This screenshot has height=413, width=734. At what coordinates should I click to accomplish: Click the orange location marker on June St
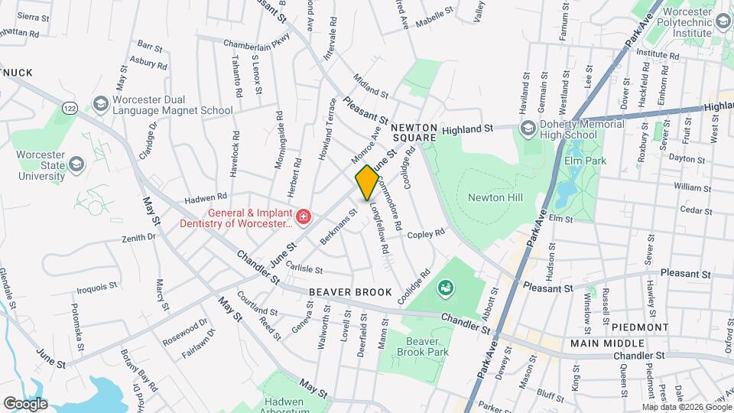pyautogui.click(x=367, y=182)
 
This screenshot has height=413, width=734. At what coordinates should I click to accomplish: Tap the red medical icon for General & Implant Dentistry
pyautogui.click(x=304, y=217)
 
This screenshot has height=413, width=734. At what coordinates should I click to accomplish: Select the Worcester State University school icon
pyautogui.click(x=75, y=164)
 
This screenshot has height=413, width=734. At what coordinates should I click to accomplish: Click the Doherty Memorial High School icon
pyautogui.click(x=527, y=127)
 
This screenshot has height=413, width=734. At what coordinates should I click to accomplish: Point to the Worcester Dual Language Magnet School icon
pyautogui.click(x=100, y=103)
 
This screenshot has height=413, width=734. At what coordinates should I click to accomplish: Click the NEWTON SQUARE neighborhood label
pyautogui.click(x=415, y=132)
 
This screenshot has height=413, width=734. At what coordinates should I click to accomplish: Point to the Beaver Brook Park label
pyautogui.click(x=427, y=346)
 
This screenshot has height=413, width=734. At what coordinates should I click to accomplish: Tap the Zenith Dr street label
pyautogui.click(x=138, y=238)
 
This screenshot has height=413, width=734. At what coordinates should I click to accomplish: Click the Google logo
pyautogui.click(x=25, y=403)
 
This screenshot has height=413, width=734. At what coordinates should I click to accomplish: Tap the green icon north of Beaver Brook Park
pyautogui.click(x=444, y=288)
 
